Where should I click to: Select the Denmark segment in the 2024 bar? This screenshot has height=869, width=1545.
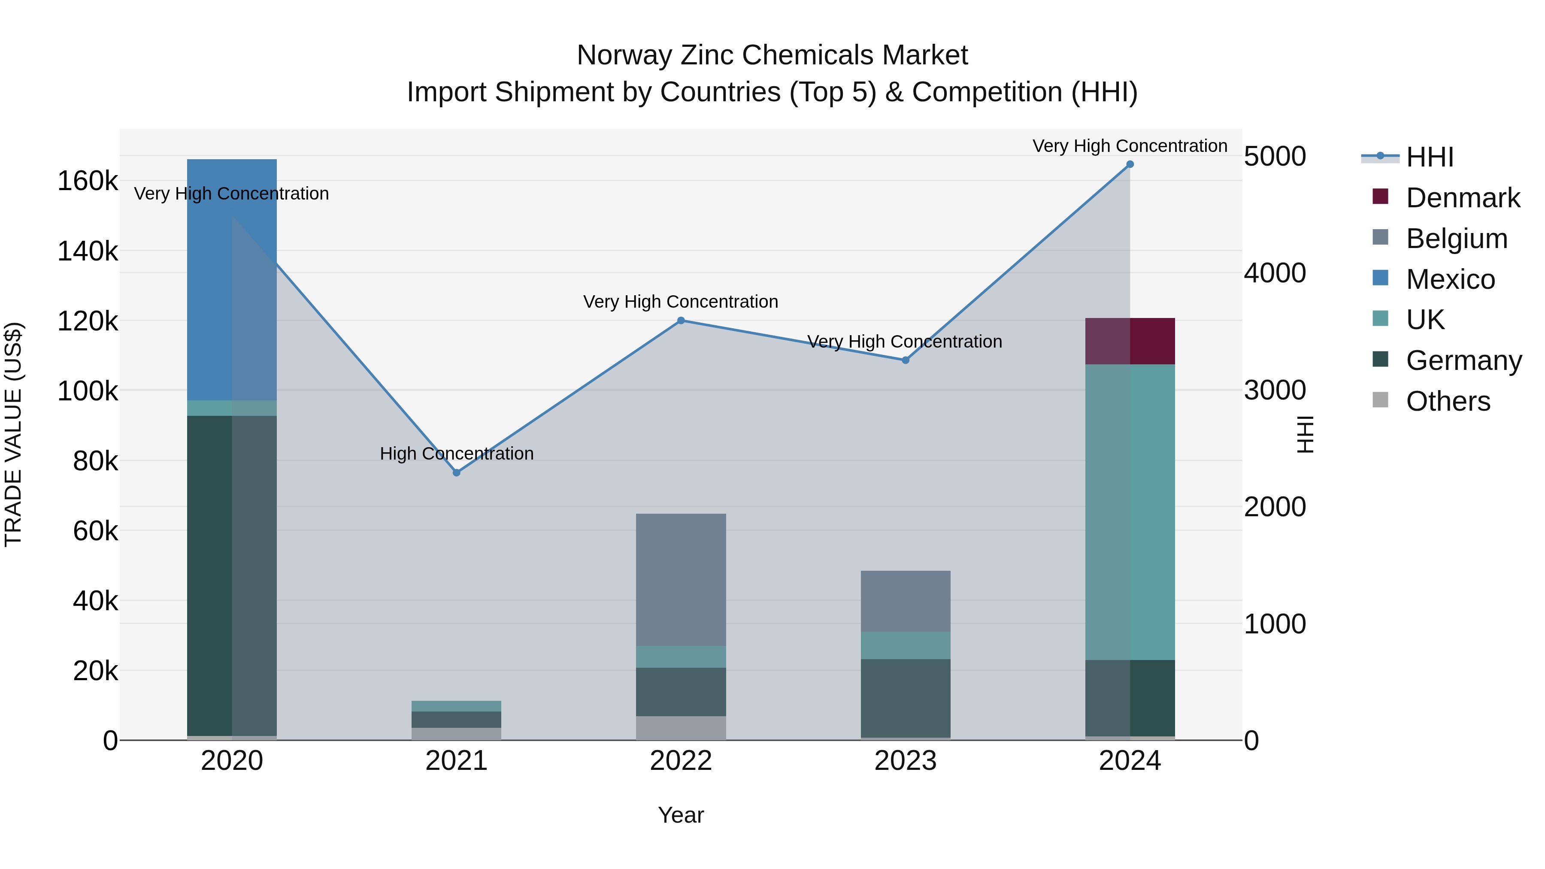[1130, 341]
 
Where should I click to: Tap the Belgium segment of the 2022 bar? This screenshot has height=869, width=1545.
[681, 579]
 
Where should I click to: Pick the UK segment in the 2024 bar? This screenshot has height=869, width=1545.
[1130, 512]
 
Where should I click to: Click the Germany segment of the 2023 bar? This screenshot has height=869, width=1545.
[905, 698]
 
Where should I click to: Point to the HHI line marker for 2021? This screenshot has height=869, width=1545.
[457, 472]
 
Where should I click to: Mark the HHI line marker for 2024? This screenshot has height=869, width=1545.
[1130, 164]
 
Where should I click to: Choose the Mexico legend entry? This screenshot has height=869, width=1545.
[1450, 279]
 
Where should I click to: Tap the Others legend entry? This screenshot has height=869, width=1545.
[1448, 401]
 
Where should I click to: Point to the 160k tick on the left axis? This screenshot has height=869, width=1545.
[88, 181]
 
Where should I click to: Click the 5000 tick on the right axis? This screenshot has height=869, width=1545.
[1275, 157]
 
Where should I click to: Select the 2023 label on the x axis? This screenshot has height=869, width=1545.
[905, 761]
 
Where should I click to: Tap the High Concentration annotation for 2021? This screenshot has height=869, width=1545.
[457, 454]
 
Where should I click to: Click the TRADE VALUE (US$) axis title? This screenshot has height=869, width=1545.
[14, 434]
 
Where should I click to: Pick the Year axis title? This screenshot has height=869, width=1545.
[681, 815]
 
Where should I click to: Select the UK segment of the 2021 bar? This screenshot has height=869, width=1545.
[457, 706]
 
